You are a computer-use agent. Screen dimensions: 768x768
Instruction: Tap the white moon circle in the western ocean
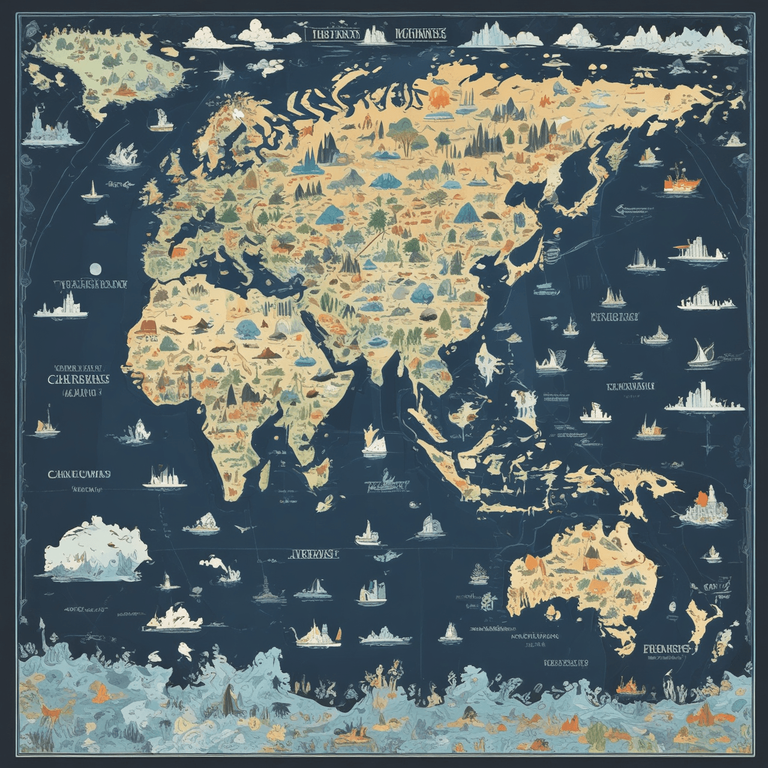coord(94,268)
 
